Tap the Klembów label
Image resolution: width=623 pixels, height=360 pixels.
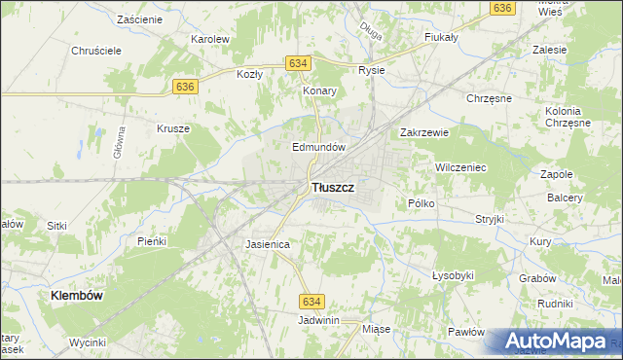(x=78, y=294)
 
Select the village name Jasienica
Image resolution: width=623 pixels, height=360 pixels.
(x=268, y=245)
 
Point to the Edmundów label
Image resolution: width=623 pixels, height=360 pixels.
(x=320, y=147)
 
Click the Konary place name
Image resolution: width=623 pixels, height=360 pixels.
(x=319, y=90)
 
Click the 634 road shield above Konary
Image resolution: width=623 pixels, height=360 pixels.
(x=299, y=63)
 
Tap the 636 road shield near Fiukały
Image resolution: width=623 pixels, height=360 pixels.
(x=502, y=8)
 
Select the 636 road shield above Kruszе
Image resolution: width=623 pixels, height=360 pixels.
(x=186, y=87)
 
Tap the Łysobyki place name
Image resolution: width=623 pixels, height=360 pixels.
(x=453, y=275)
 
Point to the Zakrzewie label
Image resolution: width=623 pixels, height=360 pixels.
(x=423, y=133)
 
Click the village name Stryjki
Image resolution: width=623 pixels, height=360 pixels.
(x=489, y=219)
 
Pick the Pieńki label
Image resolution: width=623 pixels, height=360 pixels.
(x=153, y=240)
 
